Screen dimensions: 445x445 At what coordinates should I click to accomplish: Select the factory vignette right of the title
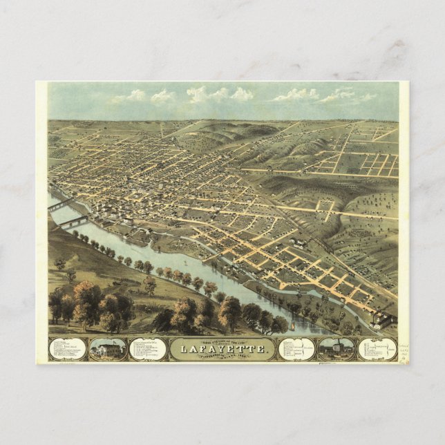click(337, 348)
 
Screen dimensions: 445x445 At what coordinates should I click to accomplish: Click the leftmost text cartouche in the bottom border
click(68, 349)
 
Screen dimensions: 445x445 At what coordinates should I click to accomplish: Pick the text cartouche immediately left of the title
click(148, 349)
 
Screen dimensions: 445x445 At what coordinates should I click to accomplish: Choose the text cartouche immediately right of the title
click(296, 349)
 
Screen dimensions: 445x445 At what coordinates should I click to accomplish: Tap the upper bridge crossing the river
click(61, 204)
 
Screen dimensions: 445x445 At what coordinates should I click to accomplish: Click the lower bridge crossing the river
click(73, 222)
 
